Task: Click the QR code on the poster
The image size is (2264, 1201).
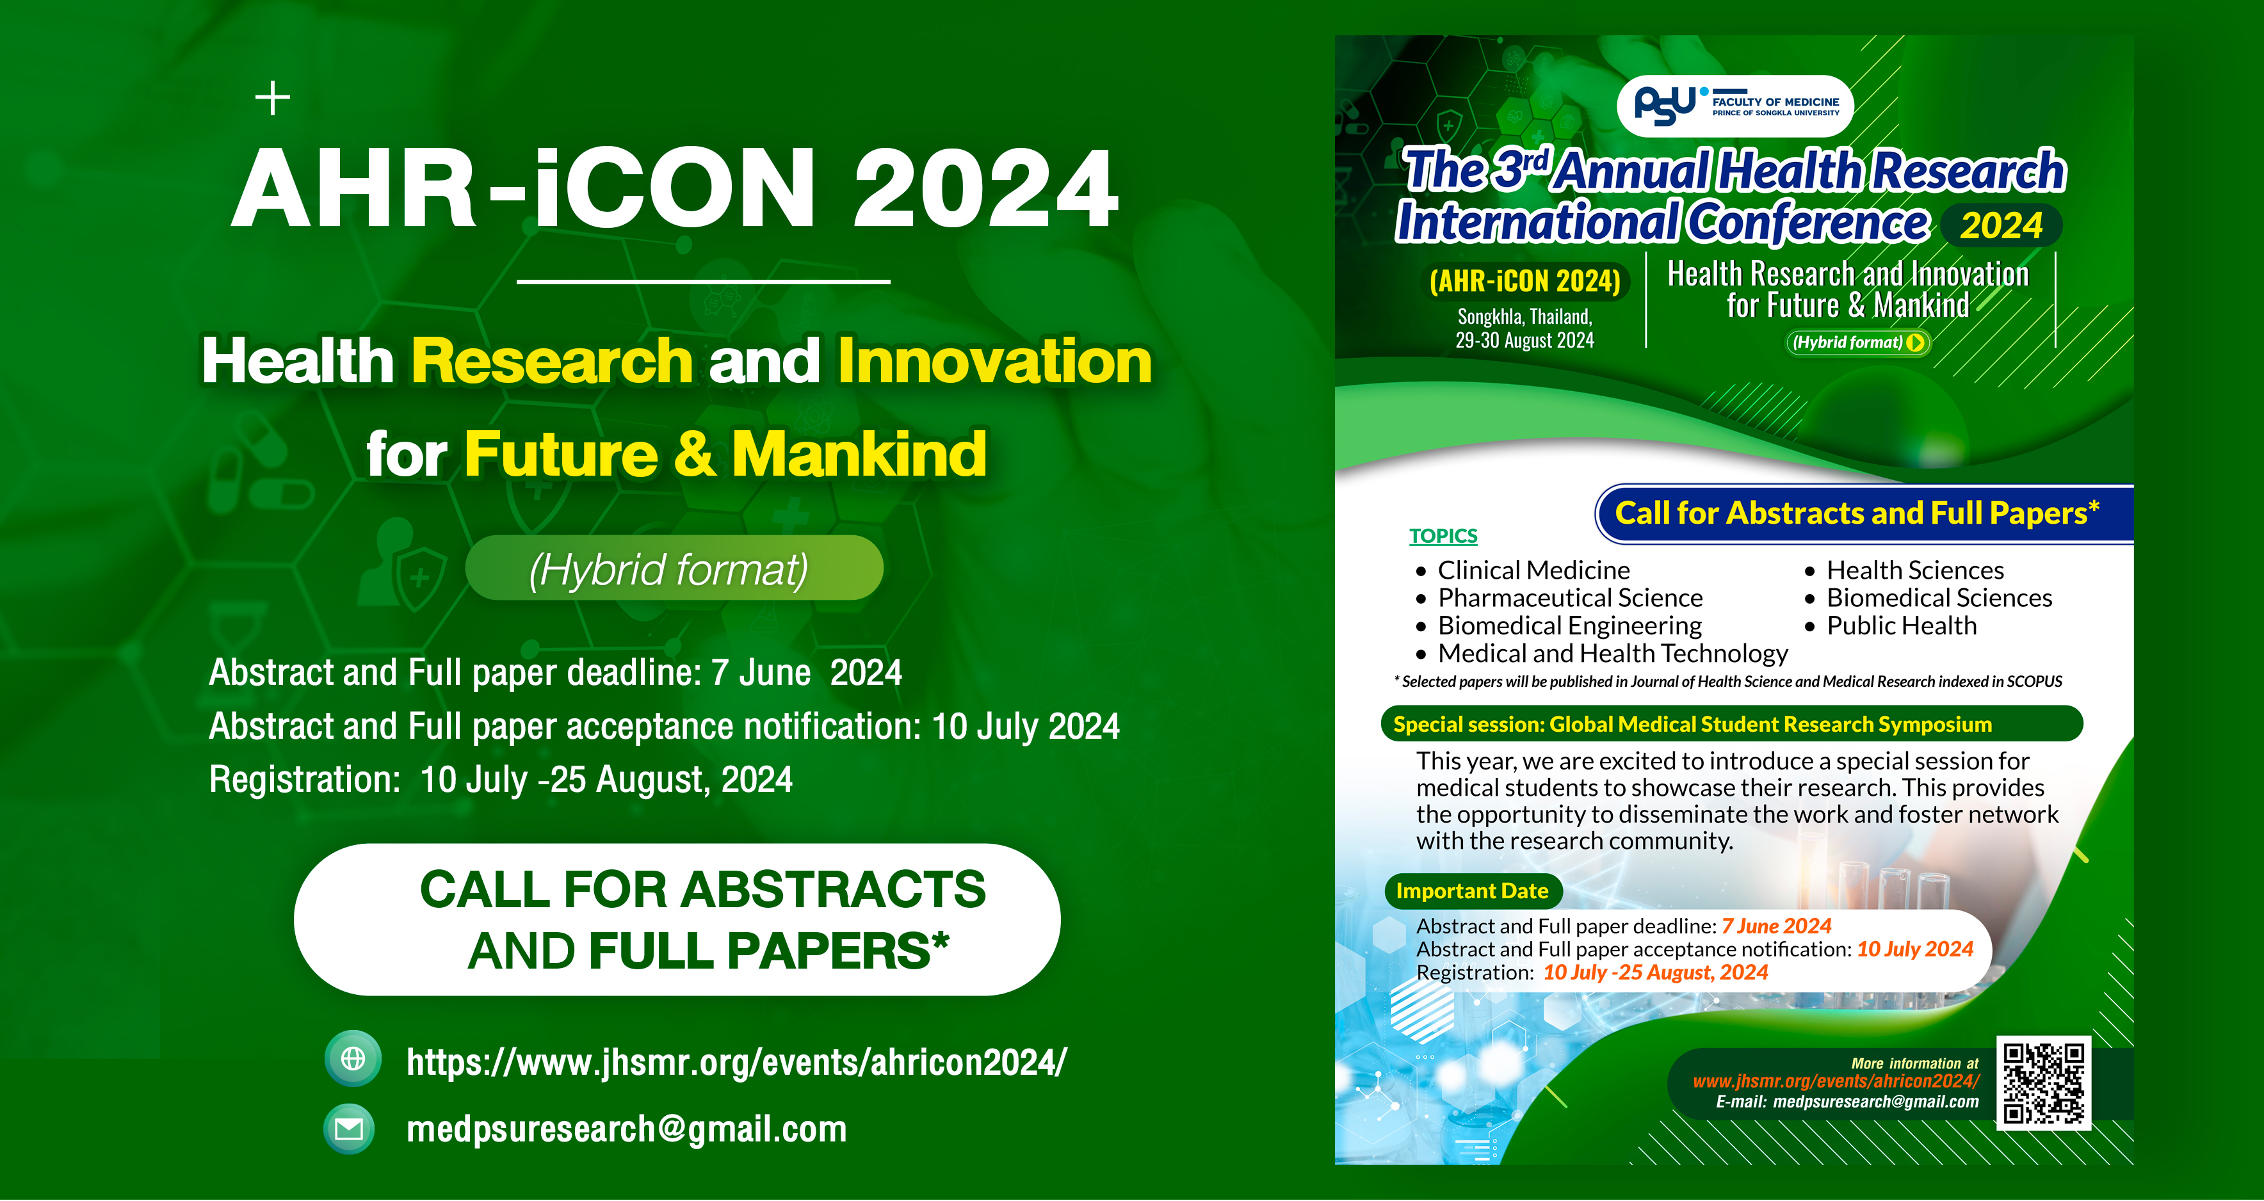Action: tap(2042, 1083)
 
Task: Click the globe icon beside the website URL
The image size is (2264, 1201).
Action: tap(352, 1059)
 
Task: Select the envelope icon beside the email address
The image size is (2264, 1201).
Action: tap(350, 1129)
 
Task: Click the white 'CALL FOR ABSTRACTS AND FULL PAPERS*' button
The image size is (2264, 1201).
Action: tap(677, 920)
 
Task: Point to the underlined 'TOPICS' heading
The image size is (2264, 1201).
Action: tap(1443, 536)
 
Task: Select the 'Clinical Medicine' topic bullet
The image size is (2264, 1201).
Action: tap(1533, 570)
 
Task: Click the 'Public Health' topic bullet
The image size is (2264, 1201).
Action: tap(1901, 625)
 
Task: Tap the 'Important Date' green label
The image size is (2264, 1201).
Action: tap(1472, 891)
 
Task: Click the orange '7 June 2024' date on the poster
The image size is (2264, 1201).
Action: tap(1776, 926)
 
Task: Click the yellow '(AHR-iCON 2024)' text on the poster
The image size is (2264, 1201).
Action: tap(1525, 281)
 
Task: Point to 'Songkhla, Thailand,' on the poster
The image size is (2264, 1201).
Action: tap(1525, 316)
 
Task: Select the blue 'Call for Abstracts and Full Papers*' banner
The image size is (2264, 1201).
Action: tap(1857, 513)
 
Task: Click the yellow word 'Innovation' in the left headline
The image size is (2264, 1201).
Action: tap(994, 361)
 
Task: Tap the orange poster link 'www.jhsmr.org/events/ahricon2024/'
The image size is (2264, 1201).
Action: tap(1836, 1081)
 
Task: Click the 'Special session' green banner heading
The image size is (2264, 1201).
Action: tap(1692, 724)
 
